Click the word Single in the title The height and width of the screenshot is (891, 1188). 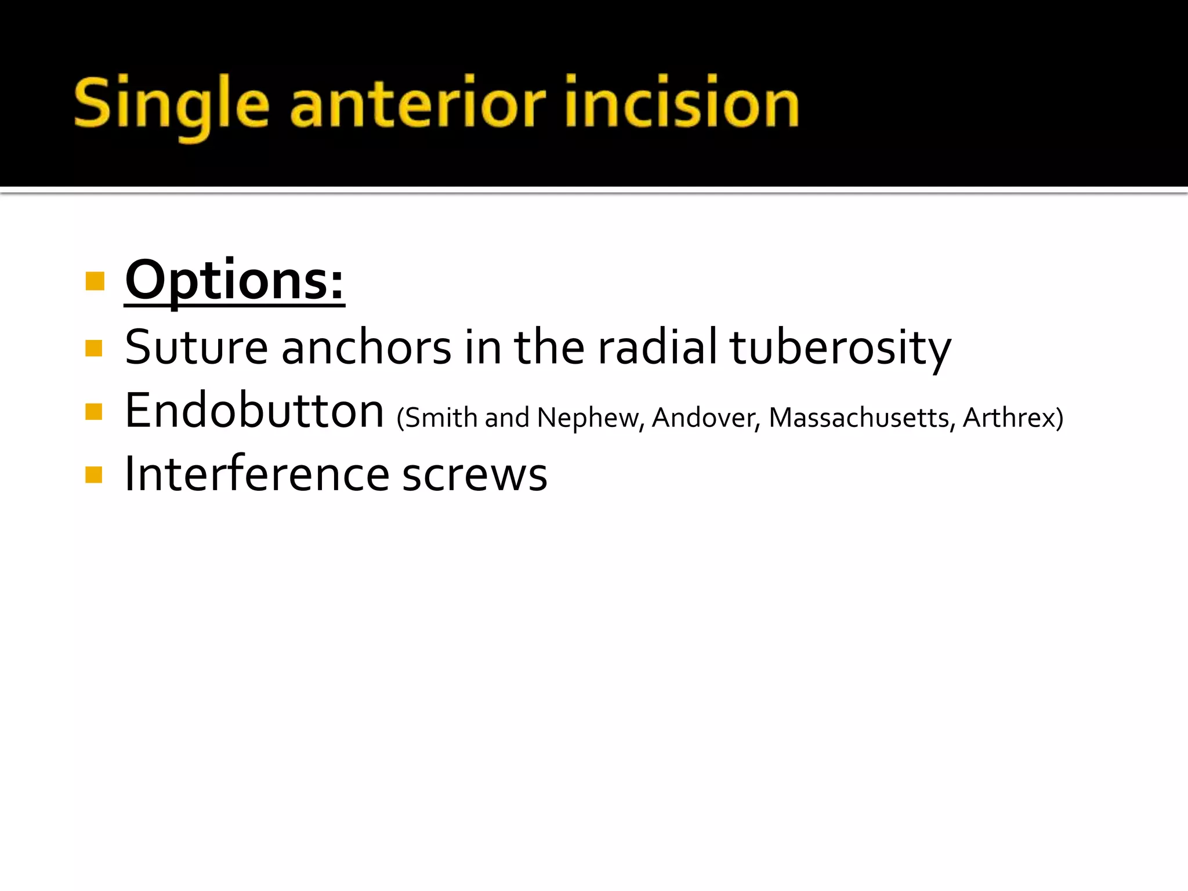coord(172,104)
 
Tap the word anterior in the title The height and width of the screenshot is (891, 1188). coord(418,104)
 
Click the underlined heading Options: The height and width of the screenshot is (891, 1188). coord(234,281)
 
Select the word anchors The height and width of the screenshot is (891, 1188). coord(366,348)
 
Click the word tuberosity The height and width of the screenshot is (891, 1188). coord(839,348)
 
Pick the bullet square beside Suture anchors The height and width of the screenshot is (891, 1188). coord(94,349)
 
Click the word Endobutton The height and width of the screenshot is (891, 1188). coord(254,411)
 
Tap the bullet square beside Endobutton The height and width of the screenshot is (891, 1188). coord(94,412)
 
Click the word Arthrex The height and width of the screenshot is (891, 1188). coord(1009,418)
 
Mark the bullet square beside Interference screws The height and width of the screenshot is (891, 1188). coord(94,475)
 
